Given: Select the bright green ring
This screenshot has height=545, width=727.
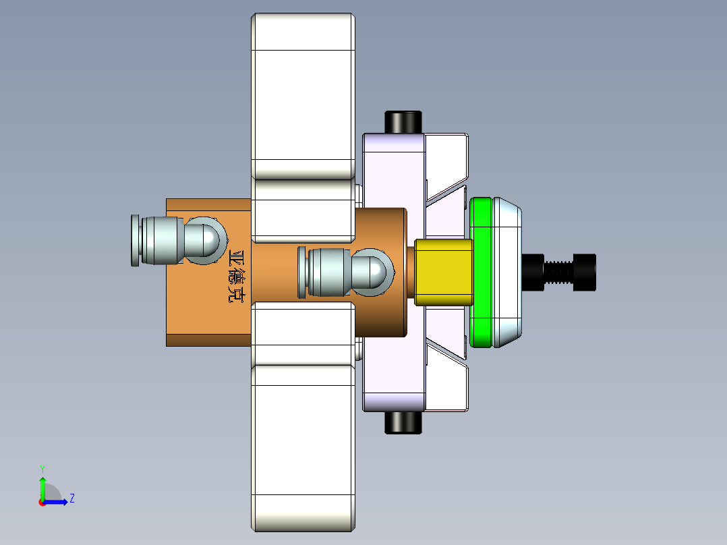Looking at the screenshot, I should tap(481, 272).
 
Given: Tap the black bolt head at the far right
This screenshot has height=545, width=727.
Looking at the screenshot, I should tap(585, 272).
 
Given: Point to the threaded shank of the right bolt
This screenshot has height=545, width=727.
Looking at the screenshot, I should tap(559, 272).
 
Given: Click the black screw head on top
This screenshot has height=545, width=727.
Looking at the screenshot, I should tap(403, 122).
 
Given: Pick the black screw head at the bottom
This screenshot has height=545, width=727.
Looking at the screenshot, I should tap(403, 422).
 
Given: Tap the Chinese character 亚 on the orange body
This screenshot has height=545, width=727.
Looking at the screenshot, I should tap(237, 257).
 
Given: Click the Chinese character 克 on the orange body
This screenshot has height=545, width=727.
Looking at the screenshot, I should tap(237, 293).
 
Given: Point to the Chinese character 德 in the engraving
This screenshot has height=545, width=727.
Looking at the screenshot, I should tap(237, 275).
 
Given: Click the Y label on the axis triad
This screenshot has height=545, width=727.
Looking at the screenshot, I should tap(42, 467).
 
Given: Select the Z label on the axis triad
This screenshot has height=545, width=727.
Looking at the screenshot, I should tap(71, 498).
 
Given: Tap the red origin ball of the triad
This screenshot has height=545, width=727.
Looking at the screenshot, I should tap(42, 502).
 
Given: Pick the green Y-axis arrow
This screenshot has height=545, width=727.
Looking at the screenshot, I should tap(42, 486).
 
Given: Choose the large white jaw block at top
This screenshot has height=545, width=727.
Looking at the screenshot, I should tap(303, 94).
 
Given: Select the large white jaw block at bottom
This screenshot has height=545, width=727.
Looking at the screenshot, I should tap(303, 445).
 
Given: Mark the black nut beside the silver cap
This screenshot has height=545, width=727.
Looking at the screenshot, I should tap(533, 272).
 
